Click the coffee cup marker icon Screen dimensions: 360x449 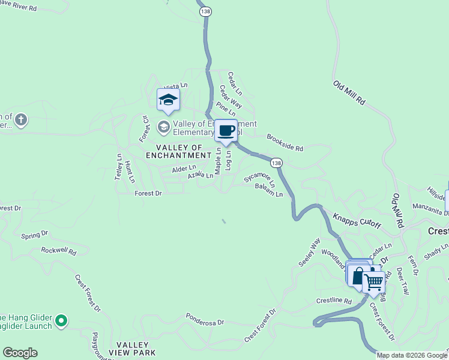click(x=226, y=131)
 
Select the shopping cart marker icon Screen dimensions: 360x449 click(x=373, y=281)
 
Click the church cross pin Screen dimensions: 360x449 click(x=21, y=119)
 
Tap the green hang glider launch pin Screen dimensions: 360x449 click(x=61, y=322)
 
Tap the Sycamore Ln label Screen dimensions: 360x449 click(x=260, y=176)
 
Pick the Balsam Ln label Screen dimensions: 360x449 click(x=268, y=190)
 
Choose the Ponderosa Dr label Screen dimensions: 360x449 click(x=205, y=319)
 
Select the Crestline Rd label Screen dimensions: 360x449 click(x=333, y=300)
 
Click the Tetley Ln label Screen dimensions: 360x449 click(x=119, y=166)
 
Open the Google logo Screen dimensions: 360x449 click(x=20, y=353)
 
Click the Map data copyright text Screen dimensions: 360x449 click(x=411, y=355)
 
